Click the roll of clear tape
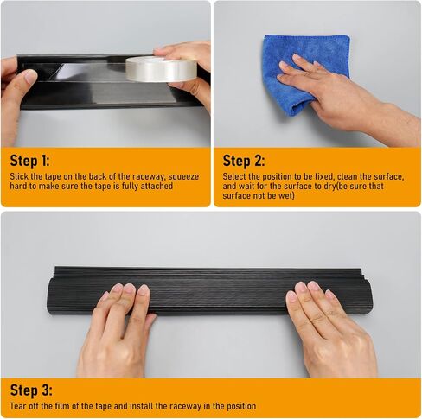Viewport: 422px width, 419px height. point(161,69)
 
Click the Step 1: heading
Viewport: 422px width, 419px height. point(29,161)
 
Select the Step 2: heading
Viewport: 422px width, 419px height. point(244,161)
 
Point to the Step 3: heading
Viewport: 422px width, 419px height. point(31,390)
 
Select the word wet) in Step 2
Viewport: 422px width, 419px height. point(285,196)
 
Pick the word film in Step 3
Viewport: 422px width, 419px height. point(63,406)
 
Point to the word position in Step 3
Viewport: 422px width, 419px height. point(241,407)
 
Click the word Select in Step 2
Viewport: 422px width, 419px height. point(234,176)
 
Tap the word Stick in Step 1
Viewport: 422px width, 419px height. point(19,176)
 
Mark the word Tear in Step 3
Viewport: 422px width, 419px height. point(17,406)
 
